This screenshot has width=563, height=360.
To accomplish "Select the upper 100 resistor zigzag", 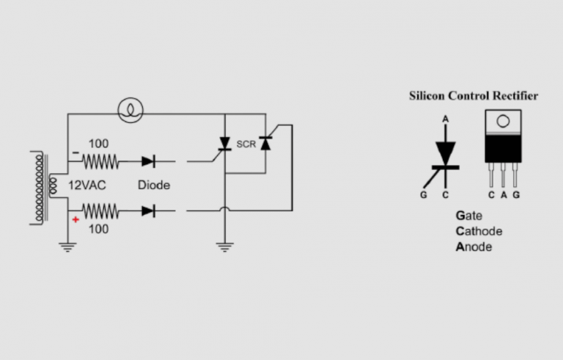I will click(100, 161).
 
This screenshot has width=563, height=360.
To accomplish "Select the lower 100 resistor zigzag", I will click(100, 211).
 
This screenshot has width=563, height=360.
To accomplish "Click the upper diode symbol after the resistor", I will click(148, 161).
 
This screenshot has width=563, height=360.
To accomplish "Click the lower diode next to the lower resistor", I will click(148, 211).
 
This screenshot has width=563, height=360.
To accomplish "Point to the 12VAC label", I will click(87, 185).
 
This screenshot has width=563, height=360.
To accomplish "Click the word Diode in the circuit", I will click(154, 185).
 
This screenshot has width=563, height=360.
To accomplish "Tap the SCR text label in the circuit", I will click(246, 144).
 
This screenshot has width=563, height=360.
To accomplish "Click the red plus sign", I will click(75, 219).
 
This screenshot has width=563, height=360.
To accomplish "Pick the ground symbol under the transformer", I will click(67, 247).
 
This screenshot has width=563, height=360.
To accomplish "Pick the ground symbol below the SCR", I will click(224, 247).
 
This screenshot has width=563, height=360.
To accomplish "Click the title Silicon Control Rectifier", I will click(473, 96).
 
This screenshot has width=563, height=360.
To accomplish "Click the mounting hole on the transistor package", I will click(503, 121).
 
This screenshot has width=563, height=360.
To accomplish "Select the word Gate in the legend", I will click(468, 216).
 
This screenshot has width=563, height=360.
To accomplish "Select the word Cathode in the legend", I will click(479, 231).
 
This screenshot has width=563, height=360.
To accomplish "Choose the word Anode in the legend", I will click(474, 246).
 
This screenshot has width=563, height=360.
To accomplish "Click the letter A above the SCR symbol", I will click(445, 119).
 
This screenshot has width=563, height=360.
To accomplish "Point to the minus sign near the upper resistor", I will click(76, 154).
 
